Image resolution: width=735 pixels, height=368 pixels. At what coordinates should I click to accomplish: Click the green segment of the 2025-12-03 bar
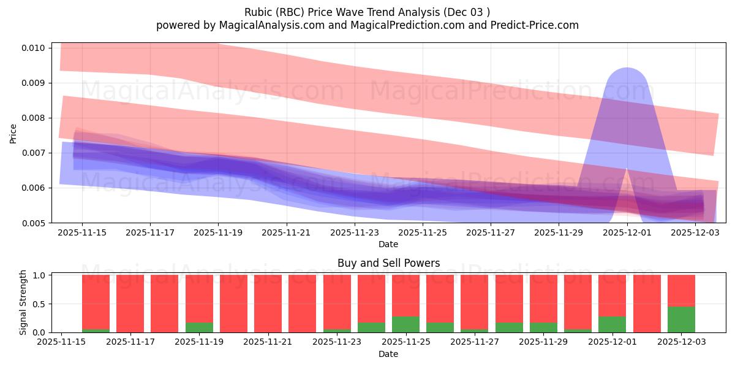(x=681, y=320)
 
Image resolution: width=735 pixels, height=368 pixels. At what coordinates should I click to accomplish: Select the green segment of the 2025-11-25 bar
(x=405, y=324)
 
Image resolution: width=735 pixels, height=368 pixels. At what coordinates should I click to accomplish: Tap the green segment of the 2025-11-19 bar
(x=199, y=328)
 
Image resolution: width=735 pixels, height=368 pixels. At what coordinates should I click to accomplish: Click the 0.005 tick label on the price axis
(x=34, y=223)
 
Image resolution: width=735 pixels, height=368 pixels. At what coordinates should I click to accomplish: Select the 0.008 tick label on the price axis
(x=34, y=118)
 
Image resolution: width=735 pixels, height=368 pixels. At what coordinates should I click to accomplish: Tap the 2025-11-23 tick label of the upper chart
(x=354, y=233)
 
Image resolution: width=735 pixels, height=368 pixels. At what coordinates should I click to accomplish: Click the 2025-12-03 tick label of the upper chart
(x=695, y=233)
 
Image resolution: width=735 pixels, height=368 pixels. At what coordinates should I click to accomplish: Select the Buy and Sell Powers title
(x=388, y=263)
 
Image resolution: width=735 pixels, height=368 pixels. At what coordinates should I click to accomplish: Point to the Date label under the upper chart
(x=388, y=244)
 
